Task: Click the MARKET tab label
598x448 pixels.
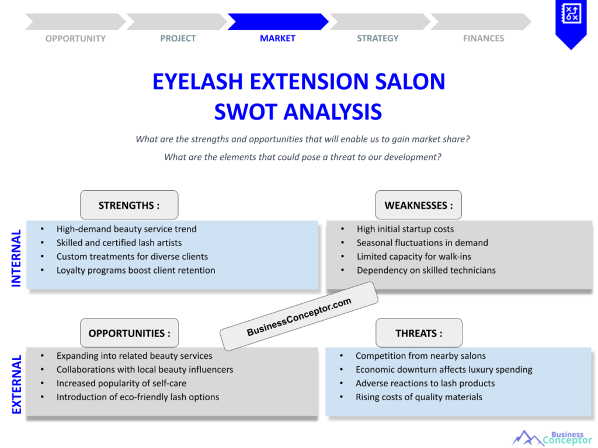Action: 277,38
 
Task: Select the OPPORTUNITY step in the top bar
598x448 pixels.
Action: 75,38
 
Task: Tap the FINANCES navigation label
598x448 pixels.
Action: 484,38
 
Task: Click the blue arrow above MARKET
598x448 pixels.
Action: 277,22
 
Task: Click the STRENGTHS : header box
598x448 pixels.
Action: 129,205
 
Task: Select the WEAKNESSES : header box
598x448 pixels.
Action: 418,205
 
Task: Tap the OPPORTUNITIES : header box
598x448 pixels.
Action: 129,333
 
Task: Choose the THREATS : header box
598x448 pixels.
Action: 418,333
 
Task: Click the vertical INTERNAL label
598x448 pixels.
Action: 16,257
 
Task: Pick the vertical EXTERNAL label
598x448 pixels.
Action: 16,384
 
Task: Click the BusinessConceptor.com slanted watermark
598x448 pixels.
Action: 299,316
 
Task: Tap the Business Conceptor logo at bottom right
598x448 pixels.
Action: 552,437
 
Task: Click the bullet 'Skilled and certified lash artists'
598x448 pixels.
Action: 119,243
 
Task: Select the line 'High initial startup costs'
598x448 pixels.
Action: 405,229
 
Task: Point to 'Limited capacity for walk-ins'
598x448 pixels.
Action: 414,257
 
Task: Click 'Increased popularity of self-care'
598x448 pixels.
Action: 121,383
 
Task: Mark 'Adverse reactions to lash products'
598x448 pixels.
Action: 425,383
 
